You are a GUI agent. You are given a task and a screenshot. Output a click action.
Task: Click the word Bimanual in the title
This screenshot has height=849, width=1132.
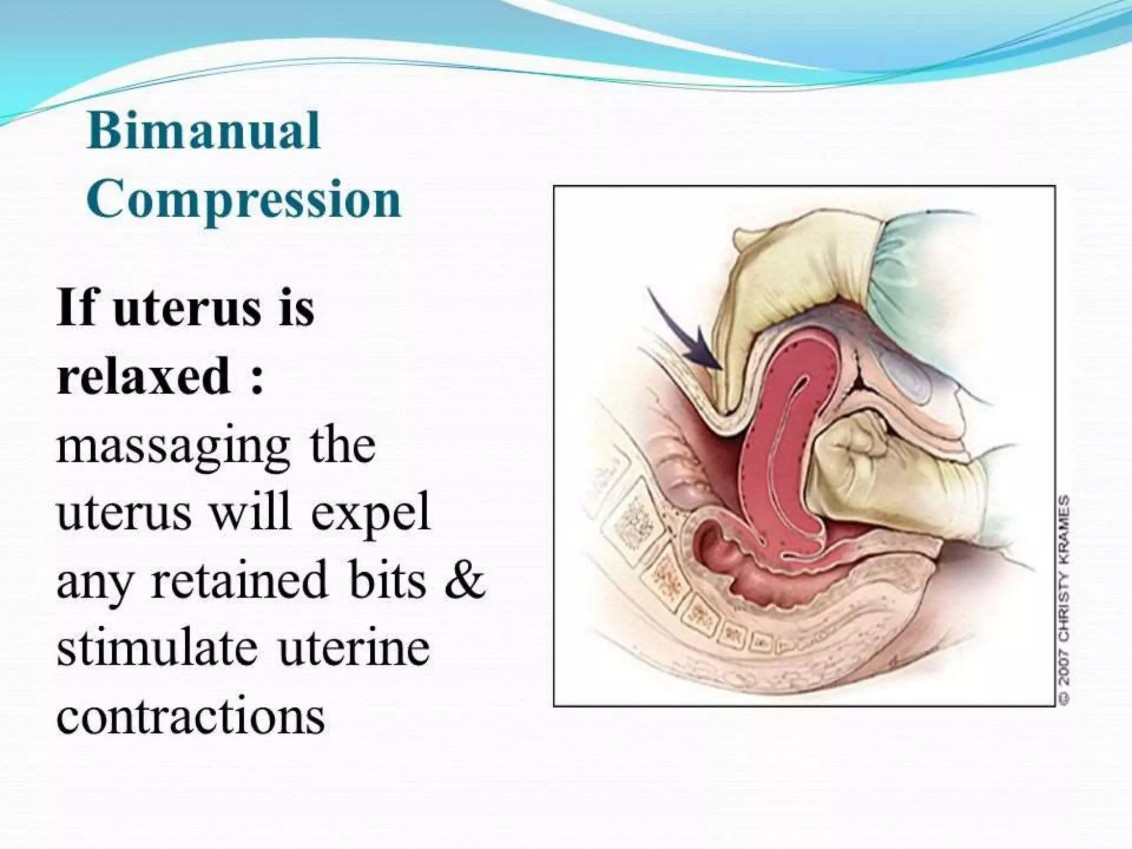click(x=203, y=132)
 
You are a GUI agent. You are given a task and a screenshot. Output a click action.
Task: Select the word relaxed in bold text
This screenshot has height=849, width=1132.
click(x=144, y=376)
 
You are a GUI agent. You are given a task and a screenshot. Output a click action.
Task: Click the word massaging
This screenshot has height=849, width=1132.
click(x=173, y=447)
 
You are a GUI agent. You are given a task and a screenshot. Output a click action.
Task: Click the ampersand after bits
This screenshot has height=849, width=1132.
click(x=463, y=580)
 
